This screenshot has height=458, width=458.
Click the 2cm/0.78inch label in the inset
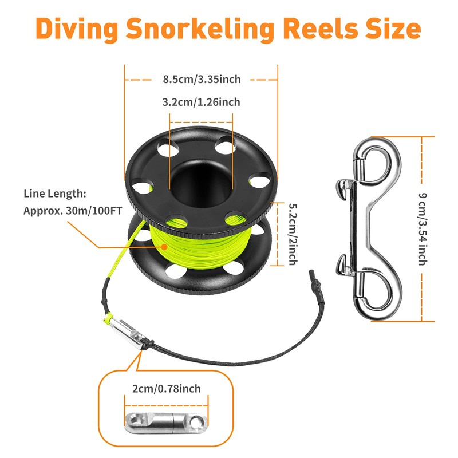click(167, 389)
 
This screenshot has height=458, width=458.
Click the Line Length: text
click(56, 194)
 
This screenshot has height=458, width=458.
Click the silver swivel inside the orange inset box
click(166, 423)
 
